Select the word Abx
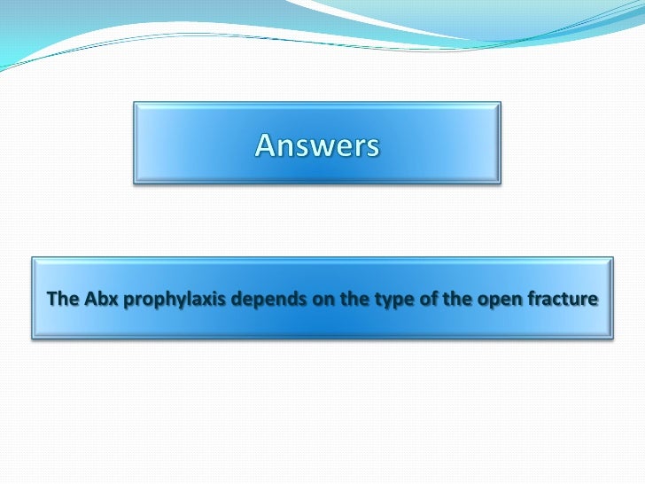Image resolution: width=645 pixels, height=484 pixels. click(x=102, y=299)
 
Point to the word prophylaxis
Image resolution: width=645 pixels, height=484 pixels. click(x=173, y=300)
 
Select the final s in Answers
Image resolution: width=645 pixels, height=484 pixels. click(x=372, y=146)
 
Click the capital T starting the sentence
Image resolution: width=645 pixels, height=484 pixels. click(x=51, y=299)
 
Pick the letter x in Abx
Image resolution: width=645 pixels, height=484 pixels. click(x=113, y=300)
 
